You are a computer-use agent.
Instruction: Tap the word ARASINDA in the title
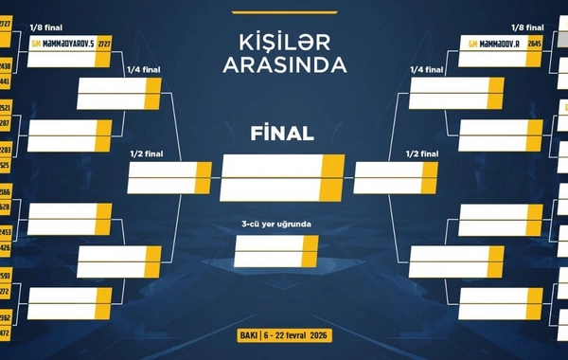point(284,64)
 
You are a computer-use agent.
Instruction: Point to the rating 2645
point(535,44)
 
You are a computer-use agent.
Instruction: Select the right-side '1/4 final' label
point(426,70)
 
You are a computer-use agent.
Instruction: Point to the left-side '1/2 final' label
point(145,153)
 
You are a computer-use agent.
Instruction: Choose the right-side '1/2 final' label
point(423,153)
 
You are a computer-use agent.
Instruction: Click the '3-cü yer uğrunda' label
point(276,225)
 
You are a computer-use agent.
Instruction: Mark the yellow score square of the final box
point(332,176)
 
